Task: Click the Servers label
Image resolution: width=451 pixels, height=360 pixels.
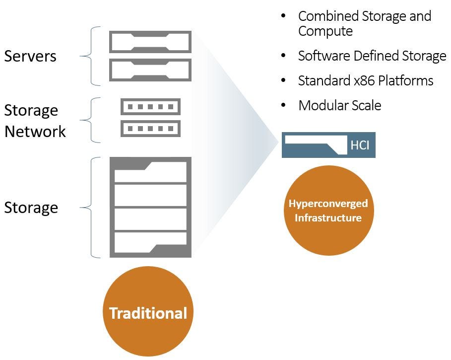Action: (x=30, y=56)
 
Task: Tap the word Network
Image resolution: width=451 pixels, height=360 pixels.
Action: (x=35, y=132)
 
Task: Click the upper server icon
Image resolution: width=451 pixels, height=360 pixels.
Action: (x=150, y=42)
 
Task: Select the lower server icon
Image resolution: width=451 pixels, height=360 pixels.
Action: (x=150, y=70)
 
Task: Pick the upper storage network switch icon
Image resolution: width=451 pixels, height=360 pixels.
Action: (x=150, y=107)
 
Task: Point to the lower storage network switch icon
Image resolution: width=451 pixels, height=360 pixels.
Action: (x=150, y=128)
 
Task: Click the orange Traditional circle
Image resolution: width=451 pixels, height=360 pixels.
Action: (x=148, y=311)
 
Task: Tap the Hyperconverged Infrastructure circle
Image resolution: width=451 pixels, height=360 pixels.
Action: (x=329, y=211)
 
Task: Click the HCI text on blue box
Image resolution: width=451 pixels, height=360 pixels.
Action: (x=360, y=145)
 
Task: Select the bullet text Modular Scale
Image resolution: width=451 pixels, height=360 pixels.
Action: (x=340, y=105)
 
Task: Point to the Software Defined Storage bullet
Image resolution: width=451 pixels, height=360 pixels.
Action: (x=372, y=56)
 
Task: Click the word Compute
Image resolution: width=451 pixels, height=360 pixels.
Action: (x=325, y=31)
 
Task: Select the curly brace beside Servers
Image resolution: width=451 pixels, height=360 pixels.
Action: (x=90, y=56)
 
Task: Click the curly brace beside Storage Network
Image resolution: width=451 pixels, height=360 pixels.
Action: (x=90, y=120)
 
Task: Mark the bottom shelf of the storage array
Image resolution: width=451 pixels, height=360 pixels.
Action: (x=150, y=242)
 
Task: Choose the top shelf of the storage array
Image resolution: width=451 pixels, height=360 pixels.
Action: (x=150, y=172)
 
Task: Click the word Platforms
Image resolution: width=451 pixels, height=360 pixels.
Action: (x=406, y=80)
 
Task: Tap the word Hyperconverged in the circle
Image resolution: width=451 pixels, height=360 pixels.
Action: (x=328, y=204)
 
